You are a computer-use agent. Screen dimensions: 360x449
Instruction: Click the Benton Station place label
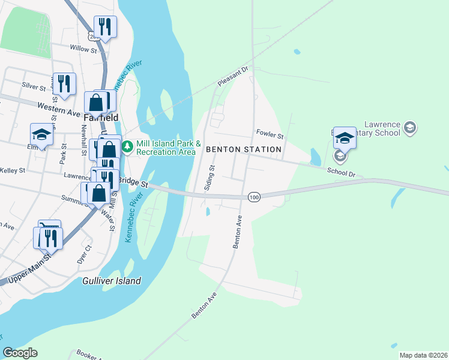[x=243, y=149]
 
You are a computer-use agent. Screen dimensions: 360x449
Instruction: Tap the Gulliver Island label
[x=112, y=281]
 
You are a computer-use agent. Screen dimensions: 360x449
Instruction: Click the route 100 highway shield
[x=253, y=197]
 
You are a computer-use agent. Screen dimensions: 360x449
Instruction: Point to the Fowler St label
[x=270, y=133]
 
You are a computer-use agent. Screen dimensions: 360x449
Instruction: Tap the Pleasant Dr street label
[x=233, y=76]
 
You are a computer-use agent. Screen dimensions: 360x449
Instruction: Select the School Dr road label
[x=342, y=171]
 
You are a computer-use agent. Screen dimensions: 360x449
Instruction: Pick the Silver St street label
[x=34, y=86]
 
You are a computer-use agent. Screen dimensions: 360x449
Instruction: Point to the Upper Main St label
[x=26, y=267]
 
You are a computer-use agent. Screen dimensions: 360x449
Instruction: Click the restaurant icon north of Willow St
[x=106, y=26]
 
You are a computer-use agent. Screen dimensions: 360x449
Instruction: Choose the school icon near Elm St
[x=41, y=134]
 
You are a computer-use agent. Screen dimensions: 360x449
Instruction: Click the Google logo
[x=20, y=353]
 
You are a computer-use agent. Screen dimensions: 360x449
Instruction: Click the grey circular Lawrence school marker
[x=409, y=127]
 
